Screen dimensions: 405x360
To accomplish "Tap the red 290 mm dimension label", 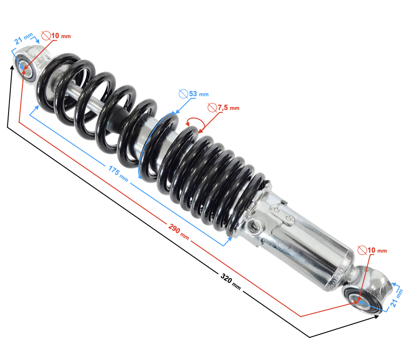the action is (x=179, y=231).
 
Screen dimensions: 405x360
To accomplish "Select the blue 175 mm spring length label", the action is (x=118, y=174).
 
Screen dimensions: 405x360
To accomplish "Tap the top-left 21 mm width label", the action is (x=23, y=39).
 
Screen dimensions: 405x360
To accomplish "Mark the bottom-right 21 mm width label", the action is (x=396, y=298).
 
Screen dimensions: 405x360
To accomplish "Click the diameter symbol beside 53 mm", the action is (x=184, y=94).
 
